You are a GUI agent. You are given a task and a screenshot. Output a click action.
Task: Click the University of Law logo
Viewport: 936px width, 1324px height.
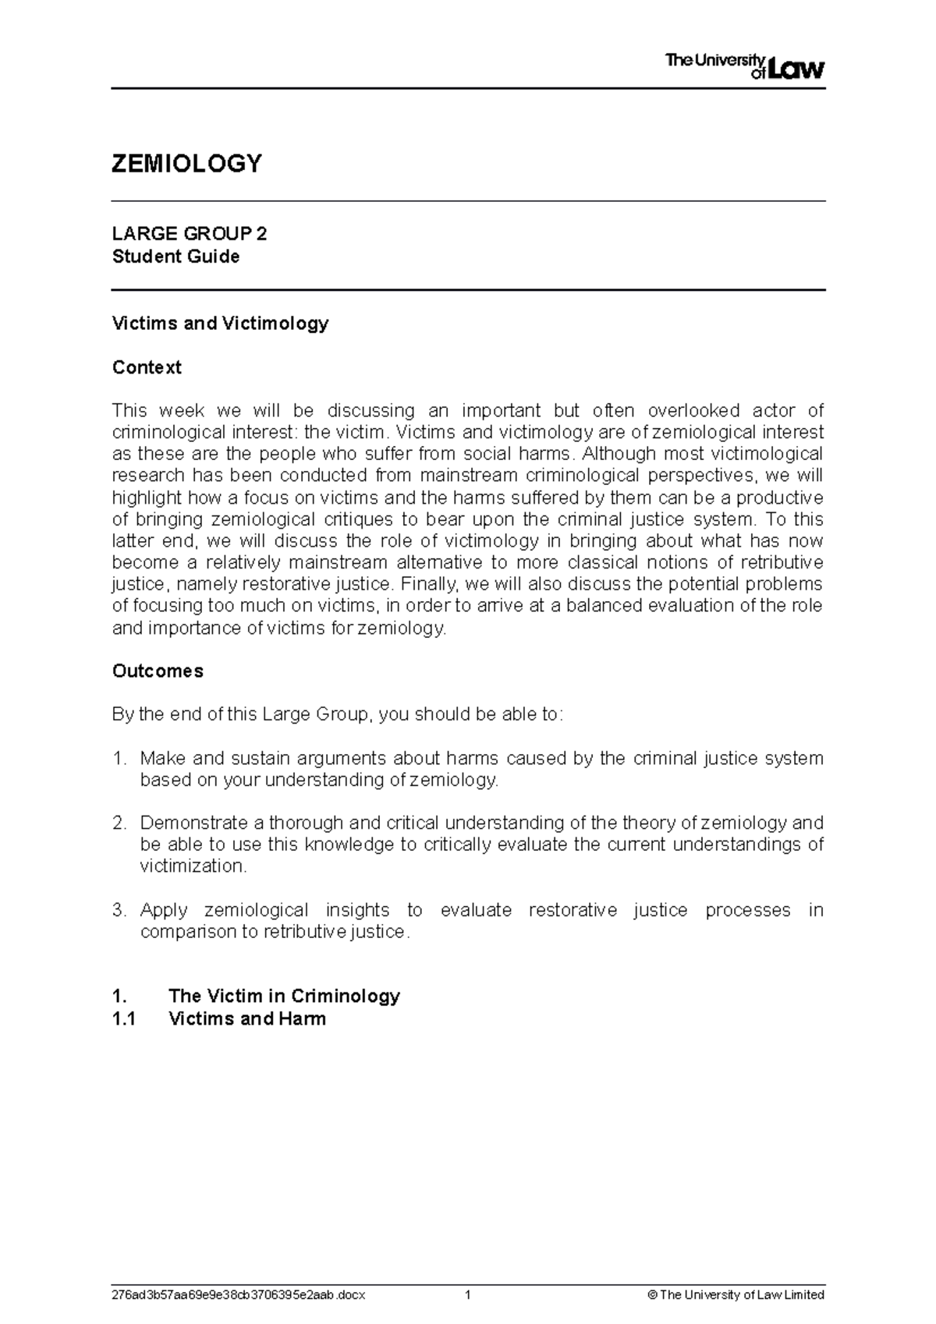[x=744, y=66]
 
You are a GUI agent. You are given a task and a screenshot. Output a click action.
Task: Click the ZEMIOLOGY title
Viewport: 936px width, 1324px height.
[x=187, y=164]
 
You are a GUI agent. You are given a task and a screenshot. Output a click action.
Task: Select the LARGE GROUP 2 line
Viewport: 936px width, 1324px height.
[x=190, y=234]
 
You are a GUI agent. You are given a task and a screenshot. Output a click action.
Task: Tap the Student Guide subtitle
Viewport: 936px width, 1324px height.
[x=175, y=257]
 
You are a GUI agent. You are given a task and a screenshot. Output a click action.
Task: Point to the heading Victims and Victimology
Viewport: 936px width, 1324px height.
[x=220, y=323]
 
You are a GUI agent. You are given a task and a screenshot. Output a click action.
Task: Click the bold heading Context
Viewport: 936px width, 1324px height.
[x=147, y=367]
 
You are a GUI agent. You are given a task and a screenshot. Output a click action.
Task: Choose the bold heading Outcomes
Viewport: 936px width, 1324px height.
[x=158, y=671]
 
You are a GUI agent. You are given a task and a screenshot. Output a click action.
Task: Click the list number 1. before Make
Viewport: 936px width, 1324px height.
[x=119, y=758]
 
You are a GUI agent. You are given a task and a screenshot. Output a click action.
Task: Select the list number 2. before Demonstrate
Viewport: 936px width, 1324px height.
[x=119, y=823]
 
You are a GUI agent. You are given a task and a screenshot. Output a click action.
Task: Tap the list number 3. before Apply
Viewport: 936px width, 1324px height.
[x=119, y=910]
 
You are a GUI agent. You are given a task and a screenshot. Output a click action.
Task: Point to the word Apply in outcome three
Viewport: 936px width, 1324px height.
[x=164, y=910]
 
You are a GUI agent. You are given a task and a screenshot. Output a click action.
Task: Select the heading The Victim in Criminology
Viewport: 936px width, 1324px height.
[x=284, y=996]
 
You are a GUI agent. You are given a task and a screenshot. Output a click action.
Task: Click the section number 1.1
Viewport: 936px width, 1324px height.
[x=123, y=1018]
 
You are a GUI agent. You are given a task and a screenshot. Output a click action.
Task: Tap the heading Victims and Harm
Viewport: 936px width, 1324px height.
[x=246, y=1018]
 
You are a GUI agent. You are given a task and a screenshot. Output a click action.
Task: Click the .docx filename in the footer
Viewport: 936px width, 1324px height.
[x=239, y=1295]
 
